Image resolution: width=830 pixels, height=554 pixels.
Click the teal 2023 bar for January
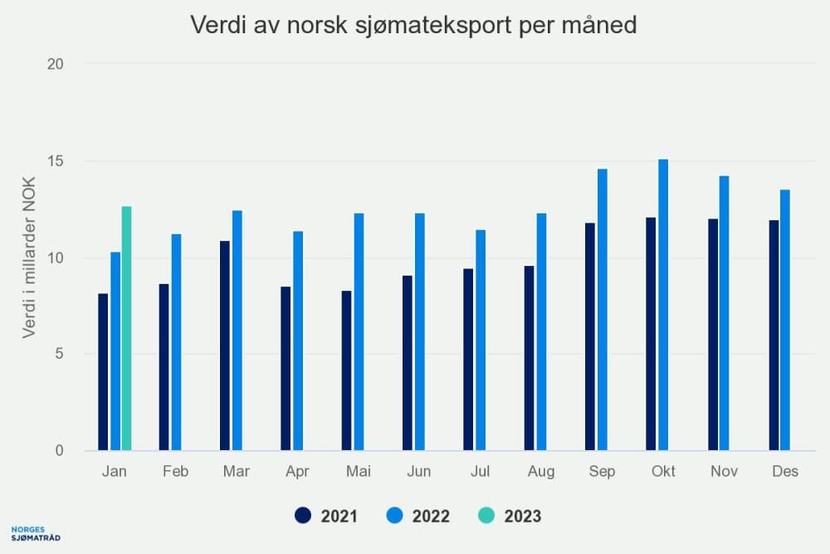coord(126,328)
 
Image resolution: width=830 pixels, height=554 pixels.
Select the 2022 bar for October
coord(663,305)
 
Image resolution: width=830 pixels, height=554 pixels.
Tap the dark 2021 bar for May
coord(347,370)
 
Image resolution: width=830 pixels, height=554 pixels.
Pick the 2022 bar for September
coord(603,310)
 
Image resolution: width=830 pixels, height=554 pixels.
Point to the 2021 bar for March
coord(225,346)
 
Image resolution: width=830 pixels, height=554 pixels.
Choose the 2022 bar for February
coord(176,342)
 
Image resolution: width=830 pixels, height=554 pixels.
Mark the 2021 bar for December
coord(774,336)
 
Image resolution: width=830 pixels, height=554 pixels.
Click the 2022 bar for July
coord(481,340)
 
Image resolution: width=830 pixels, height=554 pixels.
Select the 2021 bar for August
coord(530,358)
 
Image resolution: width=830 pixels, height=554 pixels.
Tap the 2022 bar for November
coord(724,313)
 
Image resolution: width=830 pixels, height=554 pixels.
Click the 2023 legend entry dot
coord(486,515)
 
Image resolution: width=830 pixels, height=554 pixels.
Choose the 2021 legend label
coord(339,517)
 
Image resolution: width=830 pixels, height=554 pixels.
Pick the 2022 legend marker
coord(395,515)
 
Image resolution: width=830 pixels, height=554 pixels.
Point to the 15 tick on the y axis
coord(55,161)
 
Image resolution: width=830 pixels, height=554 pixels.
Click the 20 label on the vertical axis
coord(55,64)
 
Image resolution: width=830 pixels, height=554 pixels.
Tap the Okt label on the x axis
coord(663,471)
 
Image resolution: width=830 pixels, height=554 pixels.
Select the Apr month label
coord(297,472)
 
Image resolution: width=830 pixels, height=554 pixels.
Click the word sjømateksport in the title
coord(433,26)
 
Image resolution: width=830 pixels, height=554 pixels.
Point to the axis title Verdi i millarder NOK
coord(28,257)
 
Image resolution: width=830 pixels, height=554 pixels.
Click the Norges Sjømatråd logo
coord(36,534)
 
